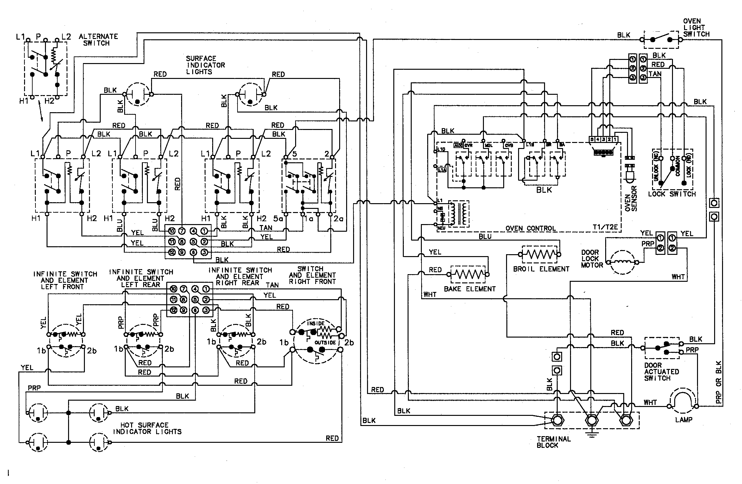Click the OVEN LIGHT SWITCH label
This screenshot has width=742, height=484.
pos(696,28)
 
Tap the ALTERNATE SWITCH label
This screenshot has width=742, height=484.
pos(98,40)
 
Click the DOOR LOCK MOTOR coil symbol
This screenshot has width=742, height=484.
pos(622,262)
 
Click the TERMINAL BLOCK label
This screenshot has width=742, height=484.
pos(553,442)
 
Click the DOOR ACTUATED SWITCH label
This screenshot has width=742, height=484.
pos(661,372)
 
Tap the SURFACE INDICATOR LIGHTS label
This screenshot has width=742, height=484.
pos(205,65)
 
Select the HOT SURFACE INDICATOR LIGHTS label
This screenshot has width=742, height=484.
pos(147,428)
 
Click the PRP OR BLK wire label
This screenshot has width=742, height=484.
pos(718,382)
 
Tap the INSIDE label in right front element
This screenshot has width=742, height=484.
pos(315,323)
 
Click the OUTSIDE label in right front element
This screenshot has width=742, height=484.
pos(325,343)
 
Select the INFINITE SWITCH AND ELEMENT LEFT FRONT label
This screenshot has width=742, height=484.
pos(65,280)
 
